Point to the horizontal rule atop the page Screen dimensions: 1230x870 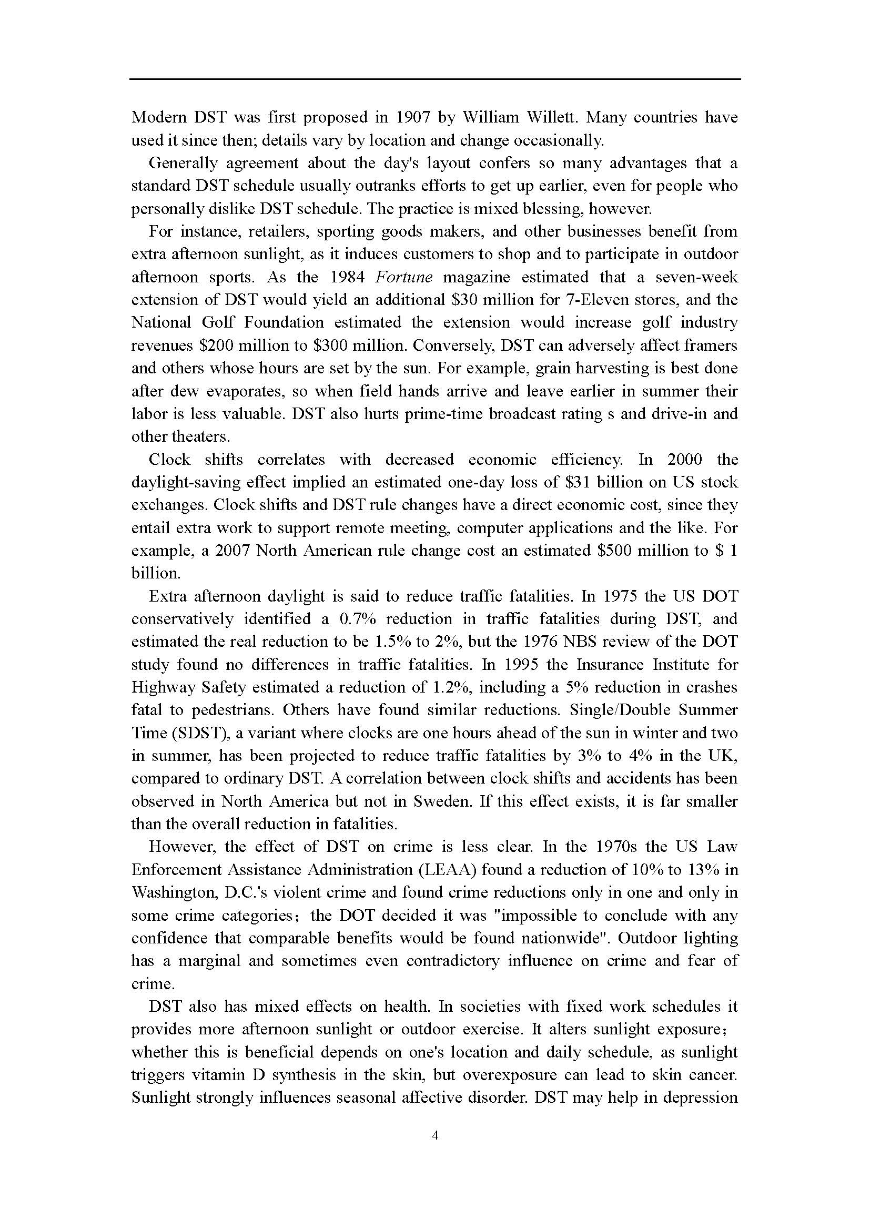(x=435, y=80)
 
